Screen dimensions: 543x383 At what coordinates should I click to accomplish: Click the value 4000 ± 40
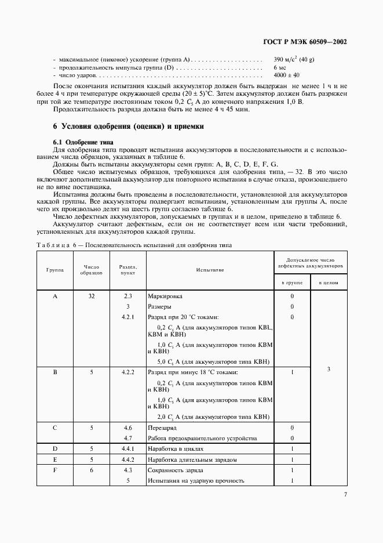tap(286, 75)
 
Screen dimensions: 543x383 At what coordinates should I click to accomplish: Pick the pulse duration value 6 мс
tap(279, 67)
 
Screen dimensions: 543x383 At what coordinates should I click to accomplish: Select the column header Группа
tap(55, 269)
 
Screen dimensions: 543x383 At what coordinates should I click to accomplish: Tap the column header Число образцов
tap(92, 269)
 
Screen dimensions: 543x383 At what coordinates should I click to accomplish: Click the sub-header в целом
tap(329, 283)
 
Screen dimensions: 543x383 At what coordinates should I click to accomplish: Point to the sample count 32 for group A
tap(92, 296)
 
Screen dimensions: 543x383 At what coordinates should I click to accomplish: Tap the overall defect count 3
tap(329, 369)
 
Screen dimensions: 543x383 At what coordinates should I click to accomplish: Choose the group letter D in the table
tap(55, 448)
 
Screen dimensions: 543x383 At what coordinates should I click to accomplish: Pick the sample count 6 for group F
tap(92, 470)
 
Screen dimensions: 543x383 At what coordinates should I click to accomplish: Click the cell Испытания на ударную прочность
tap(196, 480)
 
